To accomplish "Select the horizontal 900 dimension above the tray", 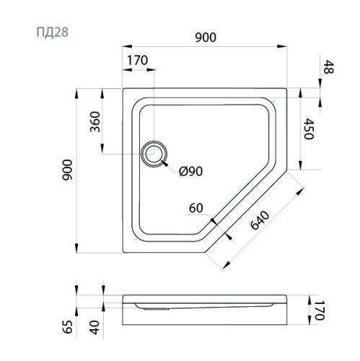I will point(205,38).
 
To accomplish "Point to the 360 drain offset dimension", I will point(94,124).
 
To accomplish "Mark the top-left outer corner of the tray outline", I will point(124,90).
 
